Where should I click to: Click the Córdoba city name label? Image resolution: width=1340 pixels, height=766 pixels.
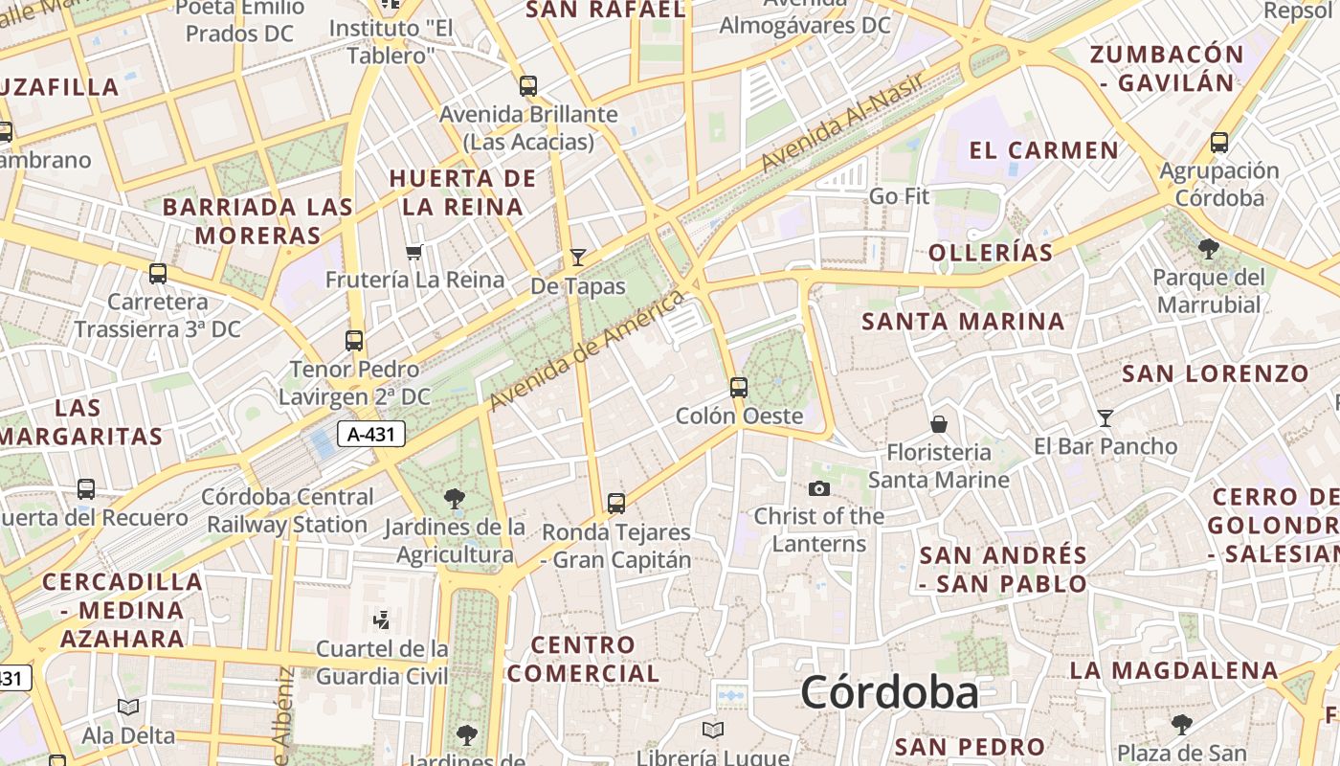[x=889, y=692]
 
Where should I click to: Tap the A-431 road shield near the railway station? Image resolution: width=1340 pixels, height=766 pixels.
[x=371, y=435]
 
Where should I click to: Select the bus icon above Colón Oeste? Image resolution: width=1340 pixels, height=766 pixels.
[x=738, y=388]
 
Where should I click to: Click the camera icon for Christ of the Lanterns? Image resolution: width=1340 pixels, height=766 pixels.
[x=818, y=489]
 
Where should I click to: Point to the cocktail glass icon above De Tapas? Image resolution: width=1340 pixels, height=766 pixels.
[x=577, y=257]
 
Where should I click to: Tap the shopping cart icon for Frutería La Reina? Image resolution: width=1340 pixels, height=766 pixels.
[x=413, y=252]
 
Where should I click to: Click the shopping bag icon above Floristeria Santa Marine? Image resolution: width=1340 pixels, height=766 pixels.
[x=939, y=423]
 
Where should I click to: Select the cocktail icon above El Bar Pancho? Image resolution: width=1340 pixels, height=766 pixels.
[x=1105, y=418]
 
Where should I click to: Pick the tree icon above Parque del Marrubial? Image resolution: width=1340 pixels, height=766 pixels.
[x=1208, y=249]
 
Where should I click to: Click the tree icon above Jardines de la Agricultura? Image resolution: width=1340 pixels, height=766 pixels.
[x=455, y=498]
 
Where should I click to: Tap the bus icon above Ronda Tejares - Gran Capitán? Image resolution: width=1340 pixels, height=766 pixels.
[x=616, y=503]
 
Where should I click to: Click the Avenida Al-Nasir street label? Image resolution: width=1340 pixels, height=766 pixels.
[x=842, y=123]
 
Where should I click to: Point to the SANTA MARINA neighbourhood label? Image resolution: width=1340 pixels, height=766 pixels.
[x=963, y=322]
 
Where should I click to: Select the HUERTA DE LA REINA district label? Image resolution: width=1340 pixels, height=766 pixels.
[x=463, y=192]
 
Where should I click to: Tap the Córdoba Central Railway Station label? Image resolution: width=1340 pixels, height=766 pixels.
[x=288, y=510]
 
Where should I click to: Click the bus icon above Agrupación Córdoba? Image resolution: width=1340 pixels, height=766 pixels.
[x=1218, y=143]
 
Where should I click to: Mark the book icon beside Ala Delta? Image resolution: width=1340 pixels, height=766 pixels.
[x=128, y=708]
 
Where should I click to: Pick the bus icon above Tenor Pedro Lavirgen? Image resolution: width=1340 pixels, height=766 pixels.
[x=354, y=340]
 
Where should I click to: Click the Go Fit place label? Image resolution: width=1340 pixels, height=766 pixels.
[x=899, y=197]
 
